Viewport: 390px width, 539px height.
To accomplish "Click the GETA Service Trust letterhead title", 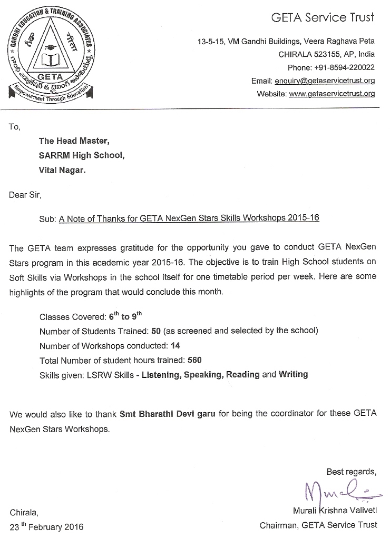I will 323,18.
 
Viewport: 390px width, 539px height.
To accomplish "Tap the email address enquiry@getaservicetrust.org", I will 324,81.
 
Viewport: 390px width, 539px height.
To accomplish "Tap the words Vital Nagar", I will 62,170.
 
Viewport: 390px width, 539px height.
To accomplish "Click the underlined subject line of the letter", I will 189,219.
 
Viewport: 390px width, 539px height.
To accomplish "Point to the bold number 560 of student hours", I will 194,361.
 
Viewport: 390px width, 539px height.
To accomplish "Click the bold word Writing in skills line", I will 293,375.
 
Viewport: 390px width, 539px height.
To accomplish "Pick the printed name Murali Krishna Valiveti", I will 335,510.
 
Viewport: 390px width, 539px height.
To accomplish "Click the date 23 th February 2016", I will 46,526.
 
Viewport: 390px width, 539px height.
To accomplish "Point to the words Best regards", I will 352,471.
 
